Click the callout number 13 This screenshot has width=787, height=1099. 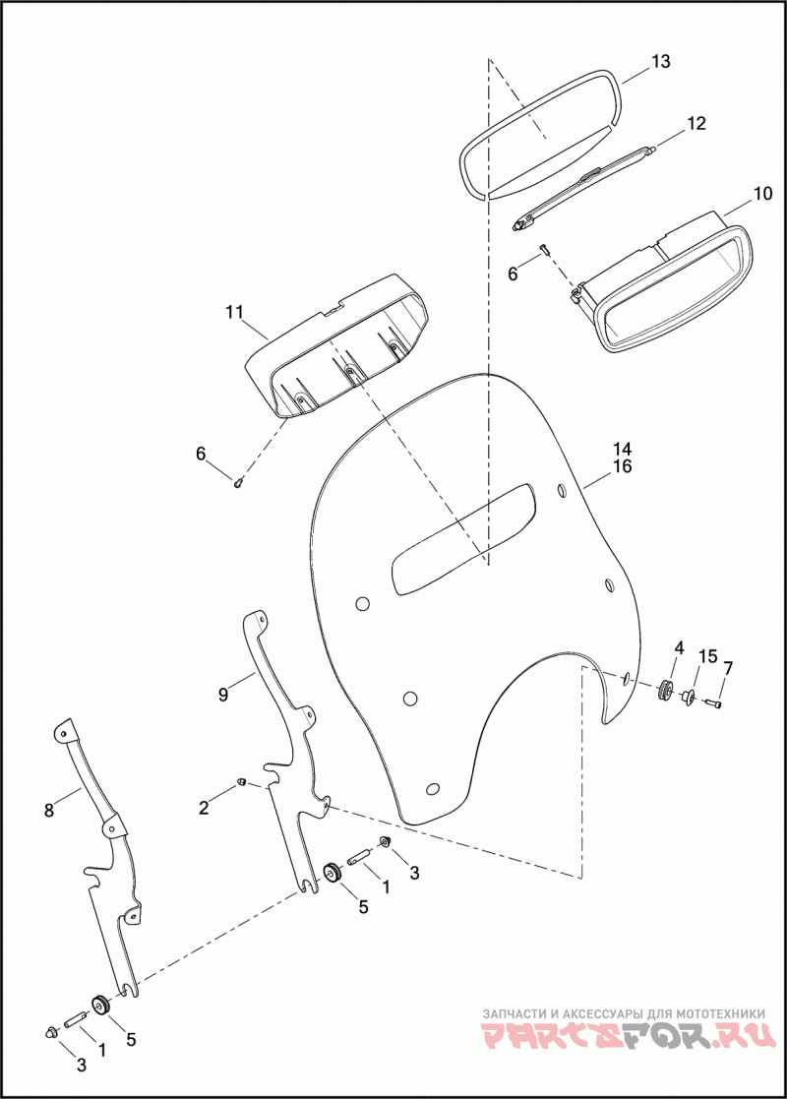click(x=660, y=62)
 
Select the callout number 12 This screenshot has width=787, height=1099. click(x=696, y=123)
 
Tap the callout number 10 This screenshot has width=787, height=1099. click(x=762, y=193)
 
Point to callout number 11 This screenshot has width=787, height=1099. click(x=233, y=312)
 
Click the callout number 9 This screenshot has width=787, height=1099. click(x=223, y=695)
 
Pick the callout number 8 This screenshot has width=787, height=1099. click(x=48, y=811)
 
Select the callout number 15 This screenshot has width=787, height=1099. click(x=708, y=656)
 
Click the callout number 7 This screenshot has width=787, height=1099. click(x=728, y=669)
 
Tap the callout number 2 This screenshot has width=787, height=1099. click(x=204, y=808)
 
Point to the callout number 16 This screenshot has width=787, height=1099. click(x=623, y=466)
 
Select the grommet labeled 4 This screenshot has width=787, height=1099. click(x=666, y=690)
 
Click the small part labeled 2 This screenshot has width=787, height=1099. click(x=240, y=782)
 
